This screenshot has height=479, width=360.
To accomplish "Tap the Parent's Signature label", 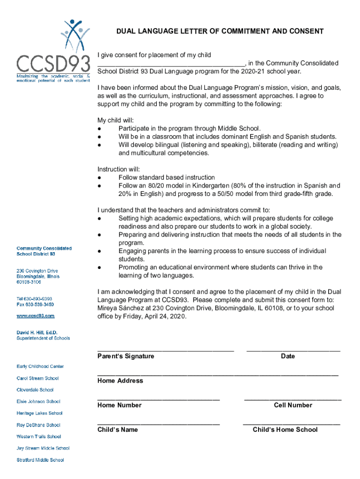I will (125, 356).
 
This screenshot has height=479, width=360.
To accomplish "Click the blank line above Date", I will (293, 350).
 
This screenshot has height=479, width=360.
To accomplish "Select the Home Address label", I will (120, 381).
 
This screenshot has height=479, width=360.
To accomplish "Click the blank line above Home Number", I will (158, 399).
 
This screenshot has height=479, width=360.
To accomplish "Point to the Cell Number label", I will (293, 405).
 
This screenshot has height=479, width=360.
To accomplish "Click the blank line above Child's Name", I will (158, 423).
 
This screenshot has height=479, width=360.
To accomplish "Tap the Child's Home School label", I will (285, 429).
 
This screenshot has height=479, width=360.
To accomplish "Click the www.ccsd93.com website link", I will (36, 316).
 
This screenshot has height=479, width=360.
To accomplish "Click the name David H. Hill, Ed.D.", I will (37, 332).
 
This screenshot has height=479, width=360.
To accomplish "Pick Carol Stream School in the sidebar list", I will (37, 378).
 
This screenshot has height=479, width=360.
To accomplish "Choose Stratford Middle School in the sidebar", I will (40, 460).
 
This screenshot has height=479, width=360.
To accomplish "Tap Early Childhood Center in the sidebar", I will (40, 366).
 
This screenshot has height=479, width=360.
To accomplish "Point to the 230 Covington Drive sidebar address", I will (37, 271).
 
